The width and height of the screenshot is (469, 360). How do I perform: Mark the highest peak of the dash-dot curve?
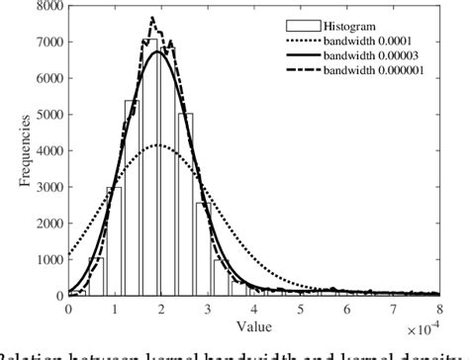tap(151, 18)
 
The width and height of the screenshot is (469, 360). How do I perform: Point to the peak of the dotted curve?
tap(157, 145)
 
